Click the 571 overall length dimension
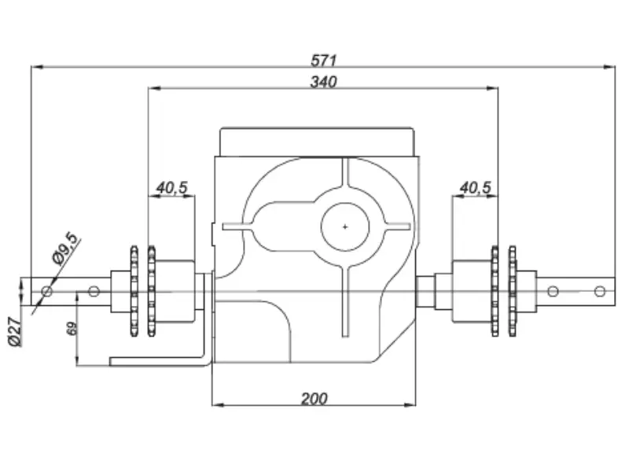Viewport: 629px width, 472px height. [323, 61]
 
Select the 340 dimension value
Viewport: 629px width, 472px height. [323, 82]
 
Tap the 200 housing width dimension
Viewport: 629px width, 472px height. [314, 399]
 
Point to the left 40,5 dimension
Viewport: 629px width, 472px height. [171, 187]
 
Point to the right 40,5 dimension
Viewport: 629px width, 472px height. [476, 187]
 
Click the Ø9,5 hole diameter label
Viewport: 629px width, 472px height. [65, 249]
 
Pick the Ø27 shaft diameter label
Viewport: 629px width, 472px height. [14, 332]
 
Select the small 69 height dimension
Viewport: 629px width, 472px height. [72, 329]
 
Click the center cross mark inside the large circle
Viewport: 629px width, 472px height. [345, 227]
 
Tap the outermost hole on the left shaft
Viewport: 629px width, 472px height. [47, 291]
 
